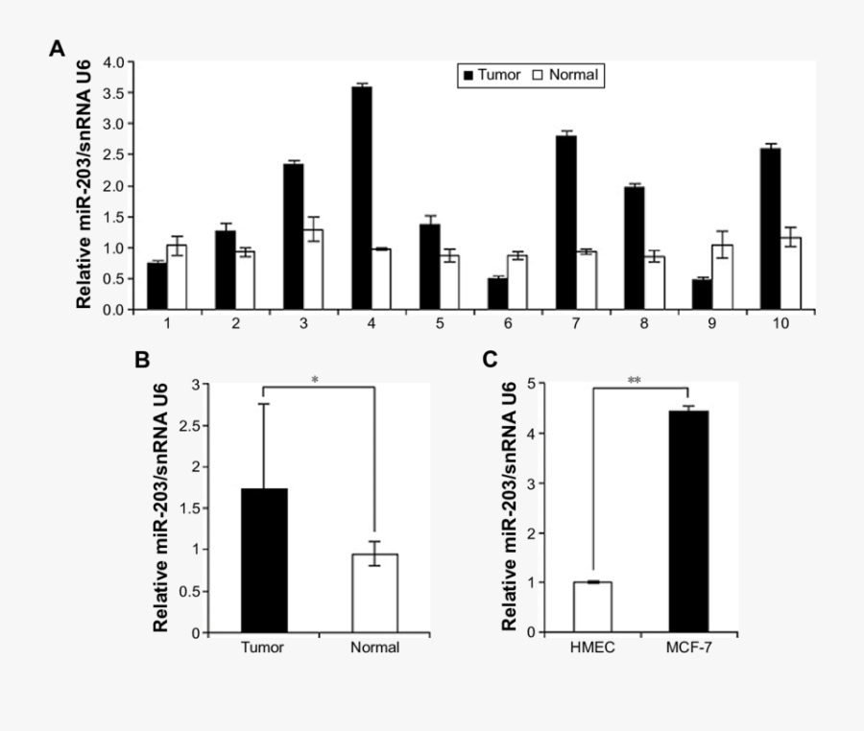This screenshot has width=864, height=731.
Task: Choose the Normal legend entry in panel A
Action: [565, 74]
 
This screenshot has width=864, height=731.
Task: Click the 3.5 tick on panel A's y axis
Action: [113, 93]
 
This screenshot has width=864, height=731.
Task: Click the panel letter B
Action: [142, 360]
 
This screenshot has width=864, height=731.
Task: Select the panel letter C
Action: [490, 360]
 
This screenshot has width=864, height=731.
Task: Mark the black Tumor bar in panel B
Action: [263, 560]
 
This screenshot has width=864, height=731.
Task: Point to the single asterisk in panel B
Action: [315, 380]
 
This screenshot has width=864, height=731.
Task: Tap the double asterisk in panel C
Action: [635, 381]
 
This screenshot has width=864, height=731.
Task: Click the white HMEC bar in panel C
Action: [591, 607]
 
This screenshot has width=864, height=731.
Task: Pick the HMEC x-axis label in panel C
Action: [591, 648]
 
